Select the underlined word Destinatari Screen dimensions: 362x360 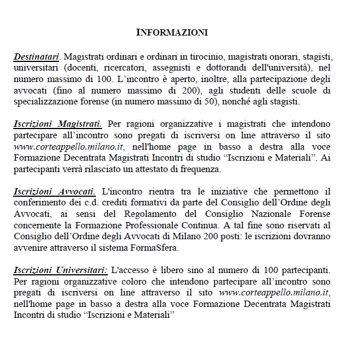tap(37, 57)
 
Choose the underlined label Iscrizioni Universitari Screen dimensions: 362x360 tap(60, 270)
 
